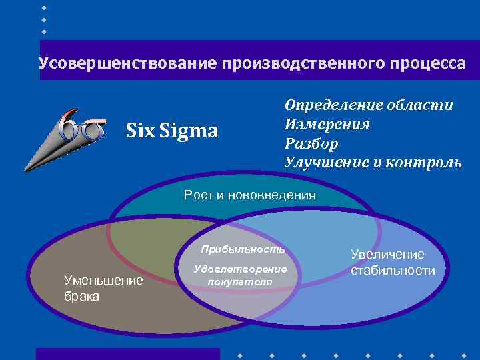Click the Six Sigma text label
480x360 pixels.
(x=172, y=131)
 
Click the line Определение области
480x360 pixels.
(x=369, y=105)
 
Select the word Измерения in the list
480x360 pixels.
(x=327, y=124)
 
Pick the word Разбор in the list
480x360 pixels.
(x=311, y=143)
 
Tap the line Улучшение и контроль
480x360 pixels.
(x=373, y=162)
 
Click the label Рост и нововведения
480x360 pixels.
(x=250, y=195)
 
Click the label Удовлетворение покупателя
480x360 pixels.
(x=240, y=275)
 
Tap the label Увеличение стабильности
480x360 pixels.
(x=393, y=263)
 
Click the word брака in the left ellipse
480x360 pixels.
(x=81, y=296)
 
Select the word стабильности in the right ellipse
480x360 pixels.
(x=393, y=271)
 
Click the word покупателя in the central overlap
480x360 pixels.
(x=240, y=281)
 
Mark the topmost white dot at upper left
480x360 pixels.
(x=45, y=7)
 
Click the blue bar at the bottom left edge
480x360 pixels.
(x=127, y=354)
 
